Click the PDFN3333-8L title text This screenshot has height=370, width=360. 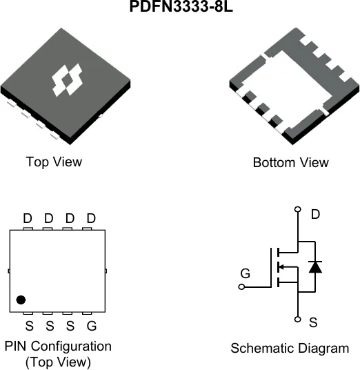[x=181, y=7]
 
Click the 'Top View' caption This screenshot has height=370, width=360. [x=54, y=162]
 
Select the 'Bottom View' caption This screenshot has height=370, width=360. [x=290, y=163]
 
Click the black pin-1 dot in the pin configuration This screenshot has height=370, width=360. [x=21, y=300]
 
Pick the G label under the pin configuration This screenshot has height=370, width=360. [x=92, y=326]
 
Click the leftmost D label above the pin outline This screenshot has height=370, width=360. [x=28, y=218]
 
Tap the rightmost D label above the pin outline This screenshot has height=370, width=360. [x=91, y=218]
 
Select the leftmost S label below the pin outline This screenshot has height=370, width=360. [x=30, y=326]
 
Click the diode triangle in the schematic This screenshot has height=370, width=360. [x=315, y=267]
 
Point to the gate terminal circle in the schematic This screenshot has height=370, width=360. [x=241, y=287]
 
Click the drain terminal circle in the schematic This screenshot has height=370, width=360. [x=298, y=209]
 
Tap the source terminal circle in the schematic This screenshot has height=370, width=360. [x=298, y=320]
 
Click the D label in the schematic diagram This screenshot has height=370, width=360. [x=315, y=214]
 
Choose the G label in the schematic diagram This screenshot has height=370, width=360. [x=246, y=274]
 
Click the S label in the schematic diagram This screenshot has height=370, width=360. [x=313, y=322]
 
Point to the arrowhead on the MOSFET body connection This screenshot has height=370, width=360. [x=281, y=267]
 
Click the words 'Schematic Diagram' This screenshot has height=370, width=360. [x=290, y=349]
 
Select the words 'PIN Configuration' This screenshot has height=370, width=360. [x=58, y=347]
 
